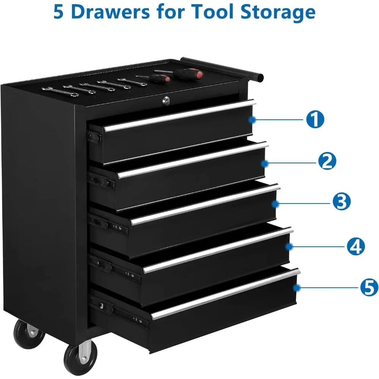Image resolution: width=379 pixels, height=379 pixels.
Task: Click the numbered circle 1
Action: click(315, 120)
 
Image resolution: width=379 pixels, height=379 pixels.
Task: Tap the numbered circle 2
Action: click(327, 161)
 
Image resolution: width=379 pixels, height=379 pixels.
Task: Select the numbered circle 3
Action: click(341, 202)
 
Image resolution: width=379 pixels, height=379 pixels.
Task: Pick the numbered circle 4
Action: click(355, 247)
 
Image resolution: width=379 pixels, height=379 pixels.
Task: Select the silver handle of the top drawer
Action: click(178, 116)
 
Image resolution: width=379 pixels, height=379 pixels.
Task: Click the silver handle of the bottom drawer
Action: click(226, 294)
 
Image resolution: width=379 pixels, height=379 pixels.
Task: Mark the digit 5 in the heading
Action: click(60, 12)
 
